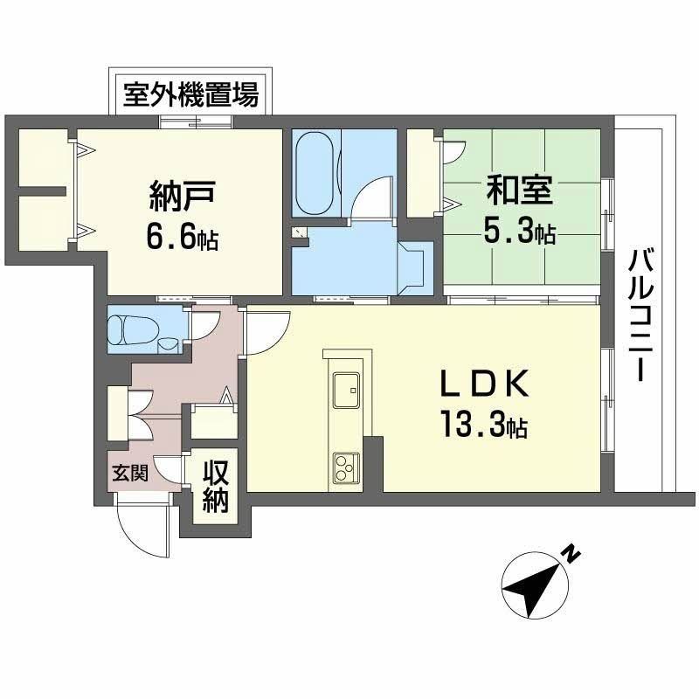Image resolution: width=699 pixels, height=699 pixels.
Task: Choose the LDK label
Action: coord(483,385)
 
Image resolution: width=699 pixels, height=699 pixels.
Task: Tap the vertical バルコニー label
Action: coord(642,315)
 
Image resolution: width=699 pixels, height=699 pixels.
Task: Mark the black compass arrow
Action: coord(535,586)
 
